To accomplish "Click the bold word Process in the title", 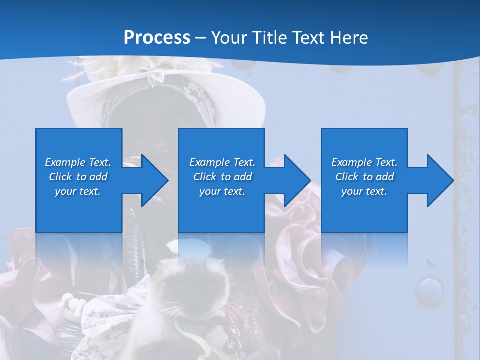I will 157,37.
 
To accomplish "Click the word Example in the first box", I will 65,162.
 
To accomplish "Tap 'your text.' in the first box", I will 78,191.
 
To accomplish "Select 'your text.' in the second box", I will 222,191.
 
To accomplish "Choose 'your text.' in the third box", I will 364,191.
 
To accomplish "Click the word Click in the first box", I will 60,177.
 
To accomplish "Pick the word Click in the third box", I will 347,177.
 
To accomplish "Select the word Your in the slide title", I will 228,37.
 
